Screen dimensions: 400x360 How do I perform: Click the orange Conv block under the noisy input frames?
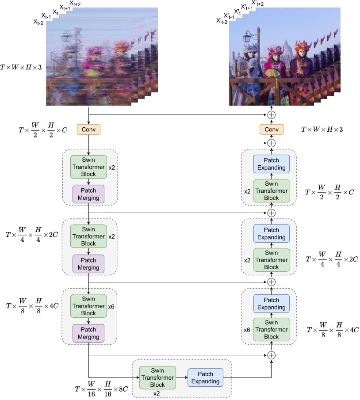[89, 130]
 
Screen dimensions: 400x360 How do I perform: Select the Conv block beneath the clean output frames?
[271, 130]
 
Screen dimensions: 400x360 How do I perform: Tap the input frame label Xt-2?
[38, 22]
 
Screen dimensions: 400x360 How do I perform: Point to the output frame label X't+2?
[257, 4]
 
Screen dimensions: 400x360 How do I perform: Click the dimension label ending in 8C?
[102, 389]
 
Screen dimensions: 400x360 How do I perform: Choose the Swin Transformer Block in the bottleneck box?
[157, 377]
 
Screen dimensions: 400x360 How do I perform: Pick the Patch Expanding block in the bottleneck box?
[205, 377]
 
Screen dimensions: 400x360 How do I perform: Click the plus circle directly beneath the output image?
[272, 114]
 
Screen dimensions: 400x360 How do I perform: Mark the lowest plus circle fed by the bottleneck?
[272, 355]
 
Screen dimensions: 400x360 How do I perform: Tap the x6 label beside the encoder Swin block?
[112, 306]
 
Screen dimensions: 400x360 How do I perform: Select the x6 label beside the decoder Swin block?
[247, 330]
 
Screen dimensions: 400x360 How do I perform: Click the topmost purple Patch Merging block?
[88, 194]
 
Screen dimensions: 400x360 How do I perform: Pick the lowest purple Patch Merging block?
[88, 333]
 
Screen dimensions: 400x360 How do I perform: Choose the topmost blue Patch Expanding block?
[272, 164]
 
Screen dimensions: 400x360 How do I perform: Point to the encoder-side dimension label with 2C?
[31, 234]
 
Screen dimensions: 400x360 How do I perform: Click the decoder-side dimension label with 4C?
[333, 330]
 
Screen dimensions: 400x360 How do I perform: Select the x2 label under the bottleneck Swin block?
[157, 393]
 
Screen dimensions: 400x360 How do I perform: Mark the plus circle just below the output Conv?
[272, 143]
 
